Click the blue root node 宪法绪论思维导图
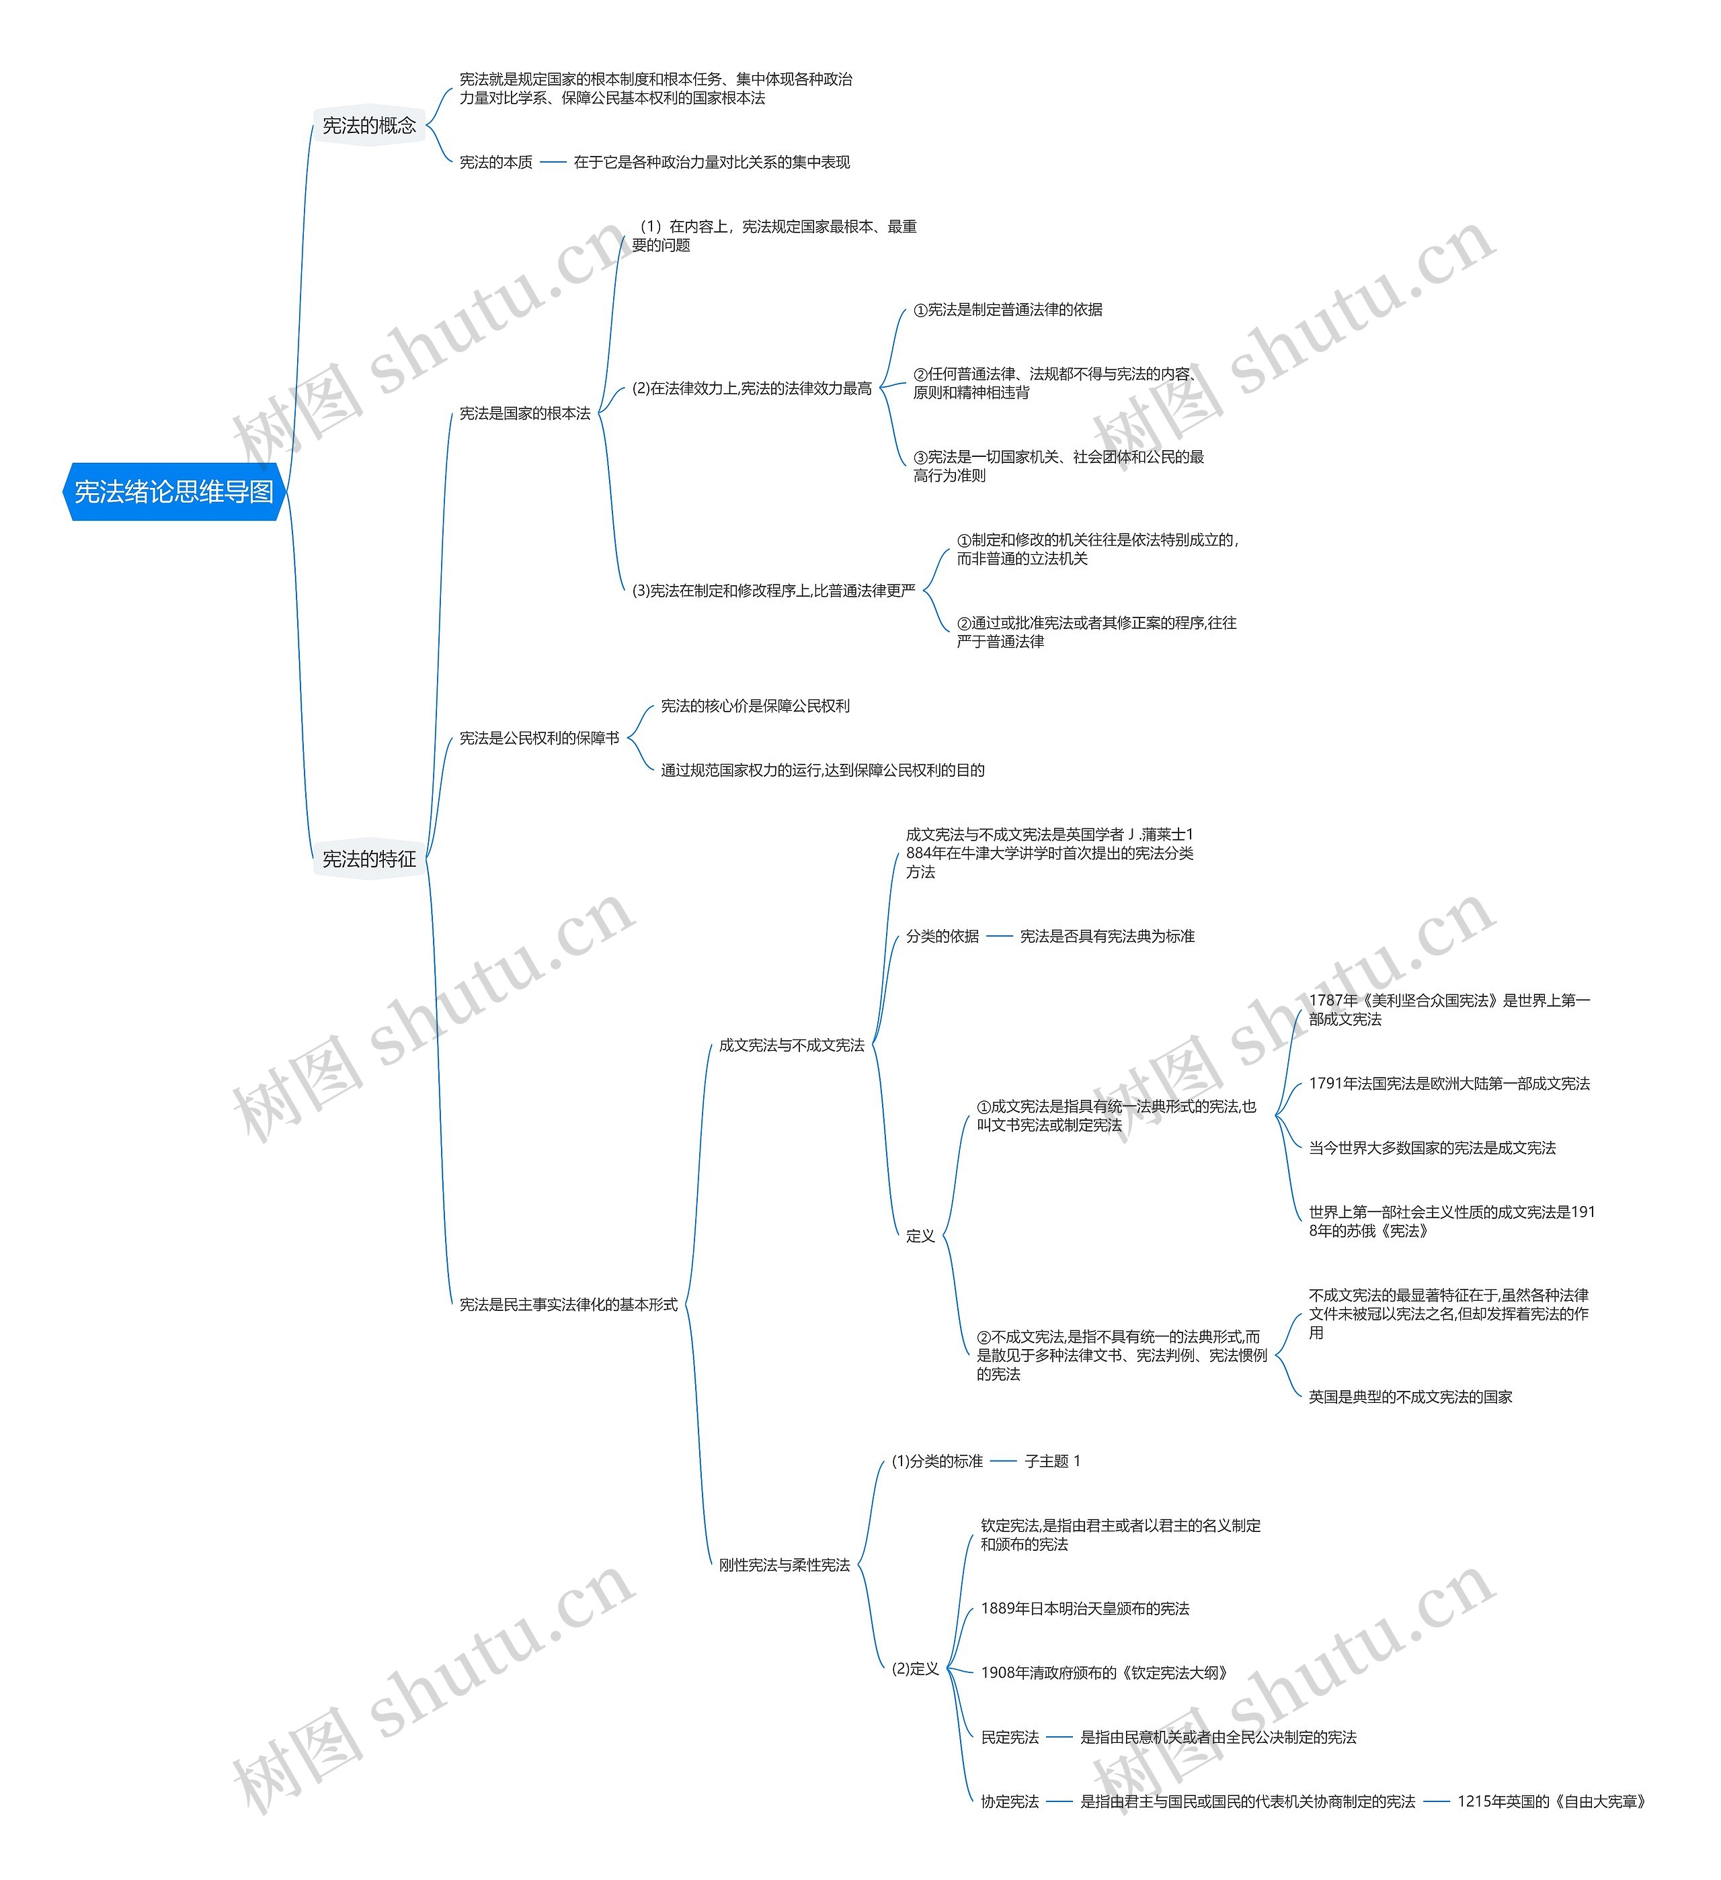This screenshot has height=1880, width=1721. coord(173,491)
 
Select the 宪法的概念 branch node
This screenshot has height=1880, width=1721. coord(368,125)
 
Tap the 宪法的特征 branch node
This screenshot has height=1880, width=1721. coord(368,859)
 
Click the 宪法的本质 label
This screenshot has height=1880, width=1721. coord(495,162)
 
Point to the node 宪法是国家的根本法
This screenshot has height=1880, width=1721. coord(524,413)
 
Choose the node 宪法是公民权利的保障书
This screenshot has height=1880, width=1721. coord(538,738)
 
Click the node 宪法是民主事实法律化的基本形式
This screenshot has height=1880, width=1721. coord(568,1304)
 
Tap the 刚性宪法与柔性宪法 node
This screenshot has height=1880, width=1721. coord(784,1565)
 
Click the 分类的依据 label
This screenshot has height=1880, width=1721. coord(942,936)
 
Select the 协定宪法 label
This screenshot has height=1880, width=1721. coord(1009,1801)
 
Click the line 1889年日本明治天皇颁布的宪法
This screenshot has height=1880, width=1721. coord(1085,1609)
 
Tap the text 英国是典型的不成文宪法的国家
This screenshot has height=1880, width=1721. coord(1410,1397)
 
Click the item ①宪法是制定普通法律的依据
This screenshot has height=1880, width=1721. coord(1008,310)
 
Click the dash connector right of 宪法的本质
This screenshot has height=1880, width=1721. coord(553,162)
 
